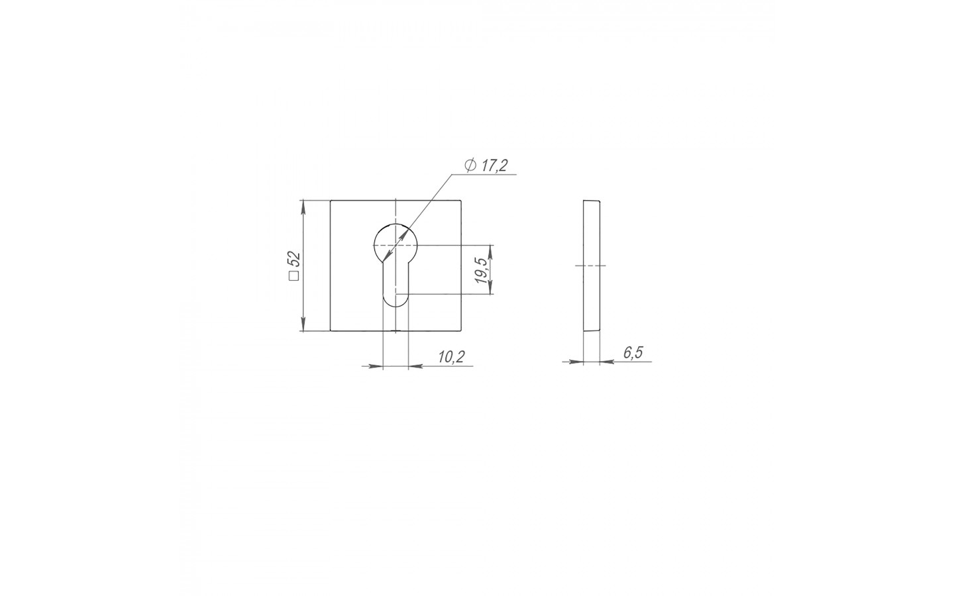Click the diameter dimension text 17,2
point(494,166)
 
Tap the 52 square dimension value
point(295,260)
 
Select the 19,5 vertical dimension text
point(482,271)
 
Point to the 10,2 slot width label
point(451,357)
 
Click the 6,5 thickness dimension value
point(633,352)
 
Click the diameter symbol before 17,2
point(470,165)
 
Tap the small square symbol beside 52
point(294,275)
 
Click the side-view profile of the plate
point(592,265)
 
